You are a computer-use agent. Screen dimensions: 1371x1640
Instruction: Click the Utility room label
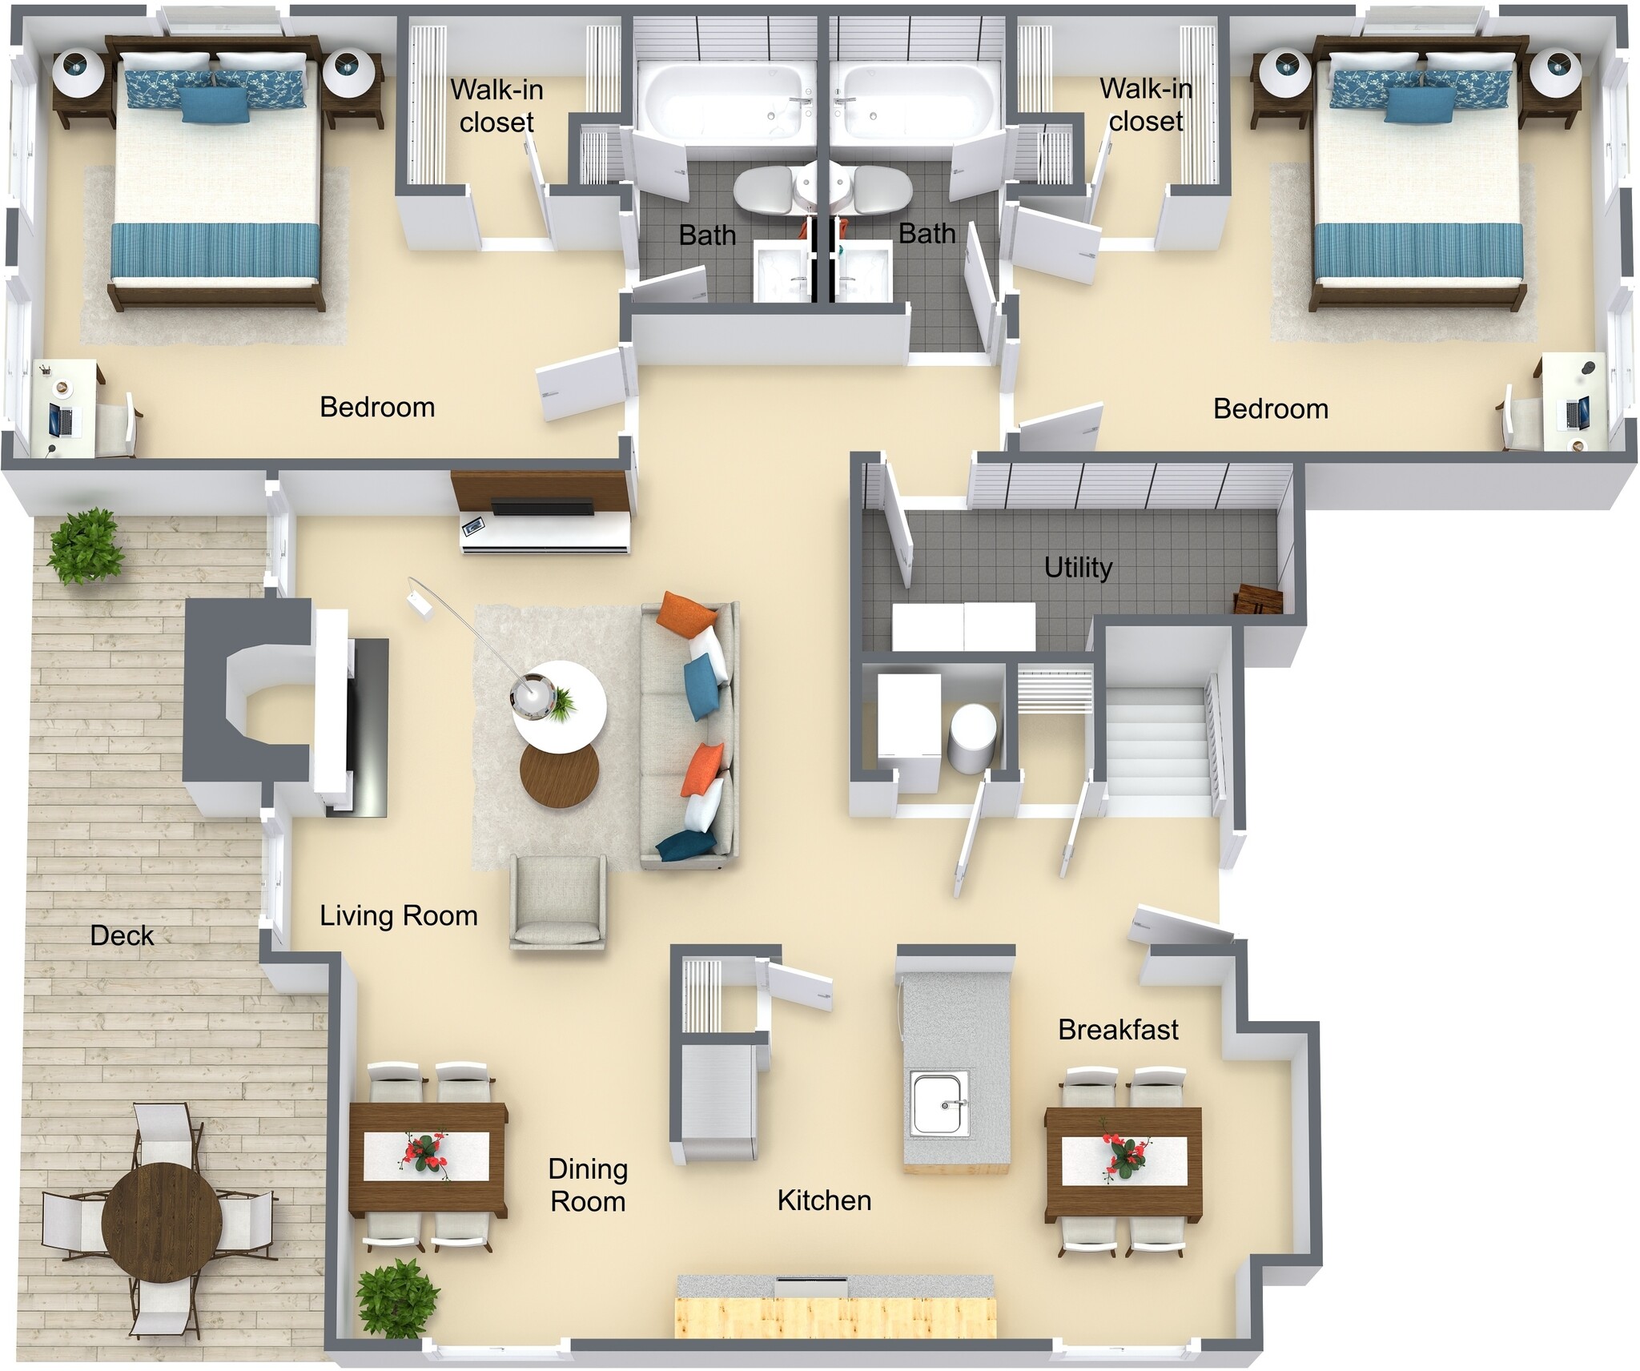pos(1078,567)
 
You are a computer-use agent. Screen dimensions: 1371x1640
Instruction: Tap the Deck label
pos(122,935)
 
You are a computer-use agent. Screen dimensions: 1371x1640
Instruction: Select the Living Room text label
pos(398,915)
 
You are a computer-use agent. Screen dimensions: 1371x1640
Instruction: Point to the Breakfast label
pos(1118,1029)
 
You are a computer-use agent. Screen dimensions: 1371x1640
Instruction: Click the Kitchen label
pos(824,1200)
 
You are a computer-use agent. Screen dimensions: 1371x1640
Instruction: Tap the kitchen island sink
pos(939,1103)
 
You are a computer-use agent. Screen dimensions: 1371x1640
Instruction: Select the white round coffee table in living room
pos(559,706)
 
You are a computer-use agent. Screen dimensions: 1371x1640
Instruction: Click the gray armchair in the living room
pos(558,900)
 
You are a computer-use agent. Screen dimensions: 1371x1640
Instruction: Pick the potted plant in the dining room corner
pos(397,1299)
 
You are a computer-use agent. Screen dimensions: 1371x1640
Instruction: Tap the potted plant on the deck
pos(86,545)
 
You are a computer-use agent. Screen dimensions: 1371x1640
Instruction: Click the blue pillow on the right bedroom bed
pos(1419,104)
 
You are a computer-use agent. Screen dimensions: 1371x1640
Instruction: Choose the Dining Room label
pos(588,1185)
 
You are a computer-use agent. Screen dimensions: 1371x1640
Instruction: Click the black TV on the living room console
pos(541,507)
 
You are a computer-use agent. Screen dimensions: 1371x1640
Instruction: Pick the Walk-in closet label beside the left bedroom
pos(496,106)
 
